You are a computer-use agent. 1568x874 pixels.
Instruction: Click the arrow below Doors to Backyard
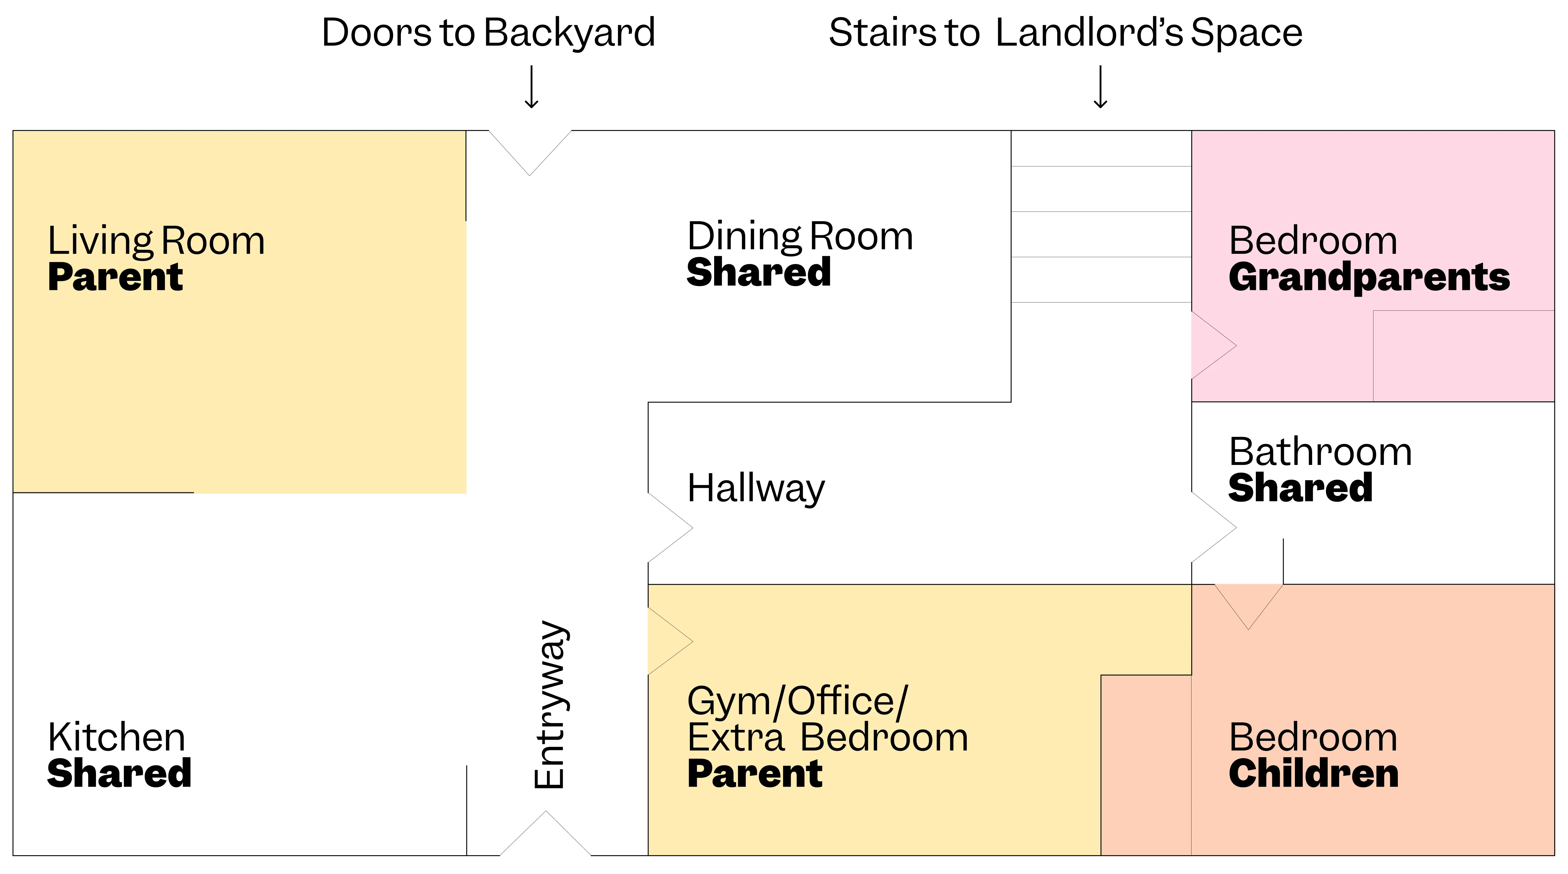point(531,87)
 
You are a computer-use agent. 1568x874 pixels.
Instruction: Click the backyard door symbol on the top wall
point(529,149)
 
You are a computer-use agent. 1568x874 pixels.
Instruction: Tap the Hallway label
point(755,489)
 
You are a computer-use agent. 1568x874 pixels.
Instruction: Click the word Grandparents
point(1369,277)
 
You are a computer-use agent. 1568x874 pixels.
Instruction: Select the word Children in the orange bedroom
point(1313,773)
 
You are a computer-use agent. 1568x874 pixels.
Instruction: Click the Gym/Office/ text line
point(797,701)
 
